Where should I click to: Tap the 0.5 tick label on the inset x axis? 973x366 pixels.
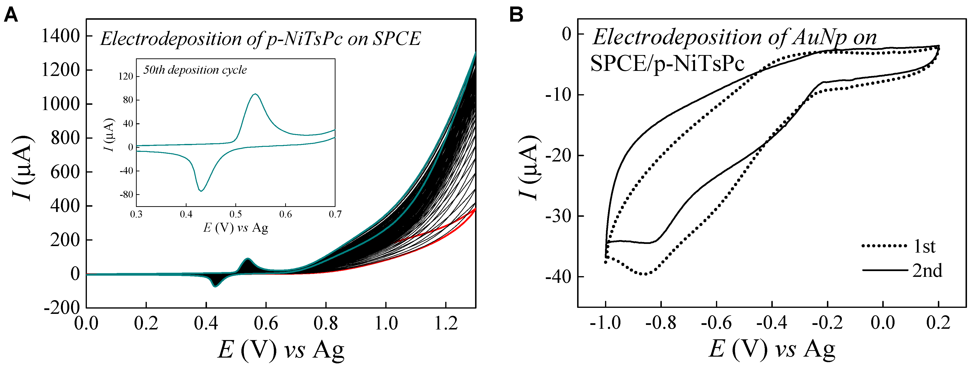(236, 214)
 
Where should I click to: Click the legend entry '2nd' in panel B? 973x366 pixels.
(927, 271)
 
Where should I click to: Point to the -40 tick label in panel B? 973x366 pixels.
(559, 277)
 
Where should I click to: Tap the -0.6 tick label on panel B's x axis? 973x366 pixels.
(716, 323)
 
